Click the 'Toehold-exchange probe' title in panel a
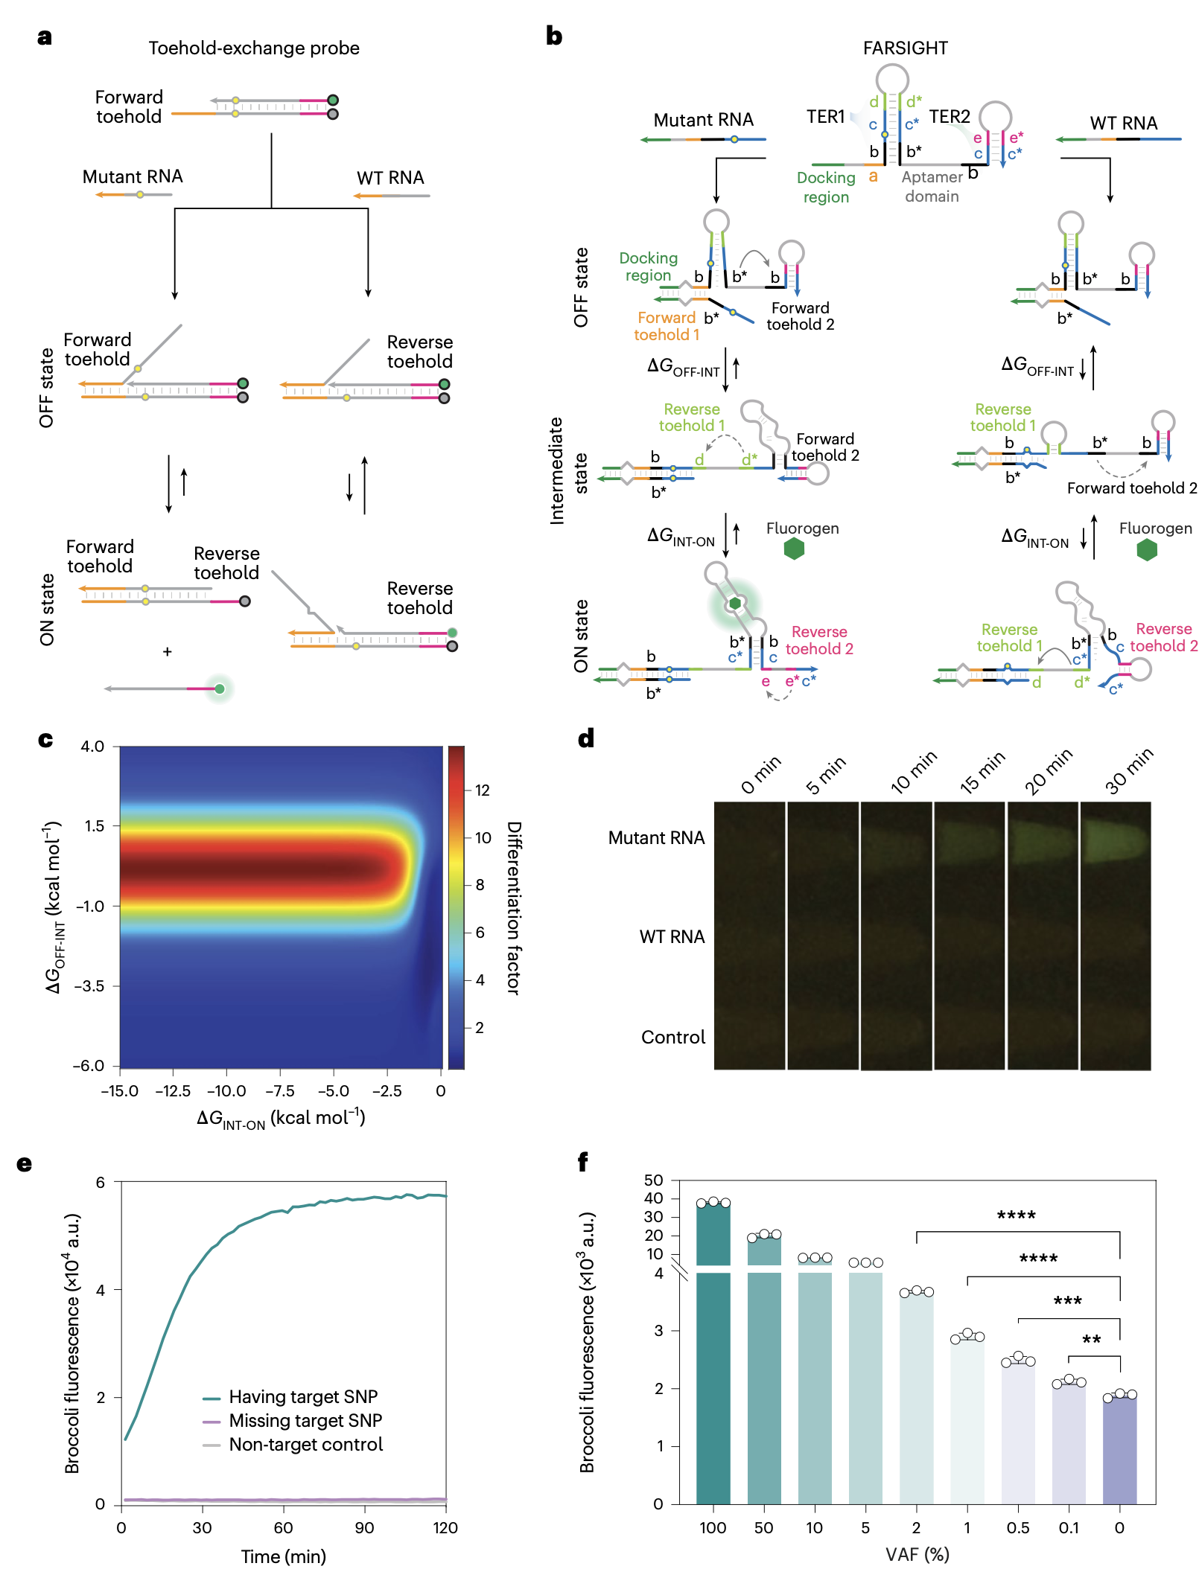[253, 48]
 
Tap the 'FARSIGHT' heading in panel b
[905, 48]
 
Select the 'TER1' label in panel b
[825, 117]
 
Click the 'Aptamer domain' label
[932, 187]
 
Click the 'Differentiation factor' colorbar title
[514, 907]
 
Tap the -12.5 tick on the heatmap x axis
[173, 1091]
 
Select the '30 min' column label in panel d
[1128, 771]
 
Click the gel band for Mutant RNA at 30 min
[1115, 841]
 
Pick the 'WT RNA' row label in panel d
[672, 936]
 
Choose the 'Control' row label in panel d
[673, 1037]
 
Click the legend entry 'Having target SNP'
[303, 1396]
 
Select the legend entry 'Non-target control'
[305, 1444]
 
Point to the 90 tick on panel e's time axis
[364, 1528]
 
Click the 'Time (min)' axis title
[283, 1556]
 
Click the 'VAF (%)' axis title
[917, 1554]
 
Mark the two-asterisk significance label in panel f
[1091, 1340]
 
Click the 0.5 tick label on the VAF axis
[1018, 1528]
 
